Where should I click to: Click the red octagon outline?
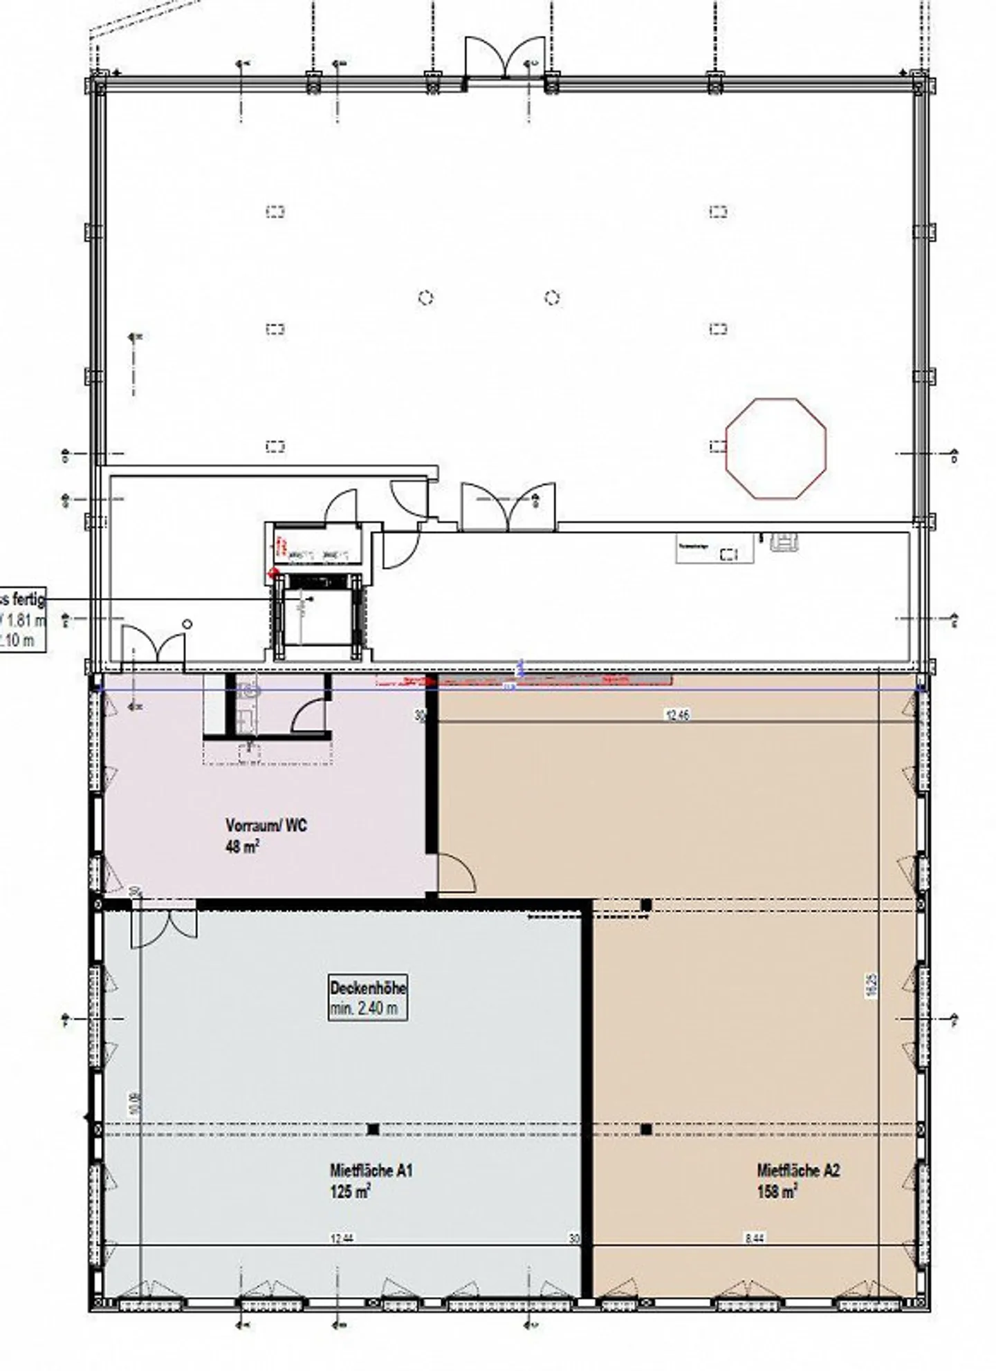(776, 447)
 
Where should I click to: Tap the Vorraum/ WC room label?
(266, 826)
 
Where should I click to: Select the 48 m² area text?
(242, 846)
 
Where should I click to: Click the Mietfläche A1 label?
(371, 1171)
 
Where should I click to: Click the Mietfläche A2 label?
(798, 1171)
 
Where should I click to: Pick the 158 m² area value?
(777, 1192)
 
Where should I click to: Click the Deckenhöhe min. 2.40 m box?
(367, 998)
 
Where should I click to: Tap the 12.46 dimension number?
(677, 716)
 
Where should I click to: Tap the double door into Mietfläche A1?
(164, 926)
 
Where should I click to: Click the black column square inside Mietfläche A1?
(373, 1130)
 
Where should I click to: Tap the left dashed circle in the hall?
(426, 298)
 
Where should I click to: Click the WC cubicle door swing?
(310, 716)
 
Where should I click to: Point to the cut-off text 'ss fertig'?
(23, 599)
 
